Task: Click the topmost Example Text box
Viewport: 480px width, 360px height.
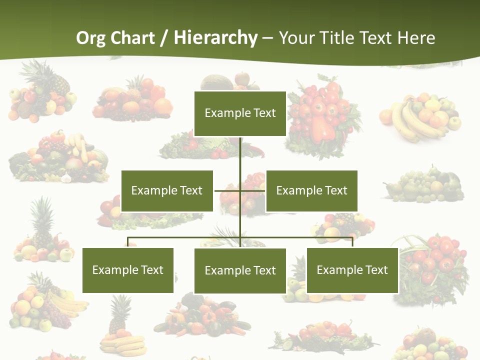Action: click(x=240, y=113)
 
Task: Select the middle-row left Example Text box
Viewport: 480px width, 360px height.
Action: click(x=167, y=190)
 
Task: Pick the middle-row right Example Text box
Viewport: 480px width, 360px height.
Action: click(x=311, y=190)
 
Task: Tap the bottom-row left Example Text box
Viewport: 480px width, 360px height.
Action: click(x=128, y=270)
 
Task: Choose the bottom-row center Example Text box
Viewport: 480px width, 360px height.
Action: click(x=240, y=270)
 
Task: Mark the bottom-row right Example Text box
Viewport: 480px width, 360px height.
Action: click(x=352, y=270)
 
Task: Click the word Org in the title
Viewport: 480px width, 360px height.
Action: click(x=90, y=38)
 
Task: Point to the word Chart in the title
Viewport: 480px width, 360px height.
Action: click(x=132, y=38)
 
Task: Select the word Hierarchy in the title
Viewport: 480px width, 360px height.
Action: click(x=215, y=38)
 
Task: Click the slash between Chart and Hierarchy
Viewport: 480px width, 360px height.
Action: click(x=164, y=38)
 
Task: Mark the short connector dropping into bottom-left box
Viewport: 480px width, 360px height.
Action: click(x=128, y=242)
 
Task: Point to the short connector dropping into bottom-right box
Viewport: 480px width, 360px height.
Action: click(x=352, y=242)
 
